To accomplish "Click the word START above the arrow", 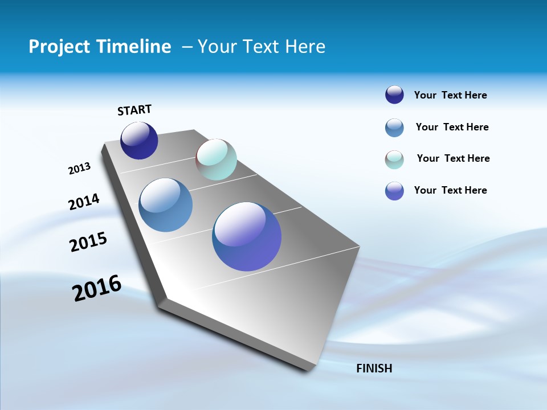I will (x=134, y=110).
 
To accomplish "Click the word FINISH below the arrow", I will (x=374, y=368).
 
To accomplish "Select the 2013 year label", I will (x=79, y=169).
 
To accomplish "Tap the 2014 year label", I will (x=84, y=202).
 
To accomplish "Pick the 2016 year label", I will (x=97, y=288).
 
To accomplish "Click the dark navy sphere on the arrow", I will (x=139, y=141).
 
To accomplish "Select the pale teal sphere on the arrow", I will (x=216, y=159).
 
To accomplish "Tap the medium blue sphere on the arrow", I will (x=166, y=205).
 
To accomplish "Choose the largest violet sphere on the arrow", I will (x=247, y=236).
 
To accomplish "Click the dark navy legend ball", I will (x=394, y=95).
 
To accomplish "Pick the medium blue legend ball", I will (x=394, y=128).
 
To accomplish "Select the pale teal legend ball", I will (x=394, y=159).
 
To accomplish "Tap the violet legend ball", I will (x=394, y=191).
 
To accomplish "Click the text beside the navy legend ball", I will (x=450, y=95).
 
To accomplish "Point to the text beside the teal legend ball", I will (x=453, y=158).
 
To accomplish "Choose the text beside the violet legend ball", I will (x=450, y=190).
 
